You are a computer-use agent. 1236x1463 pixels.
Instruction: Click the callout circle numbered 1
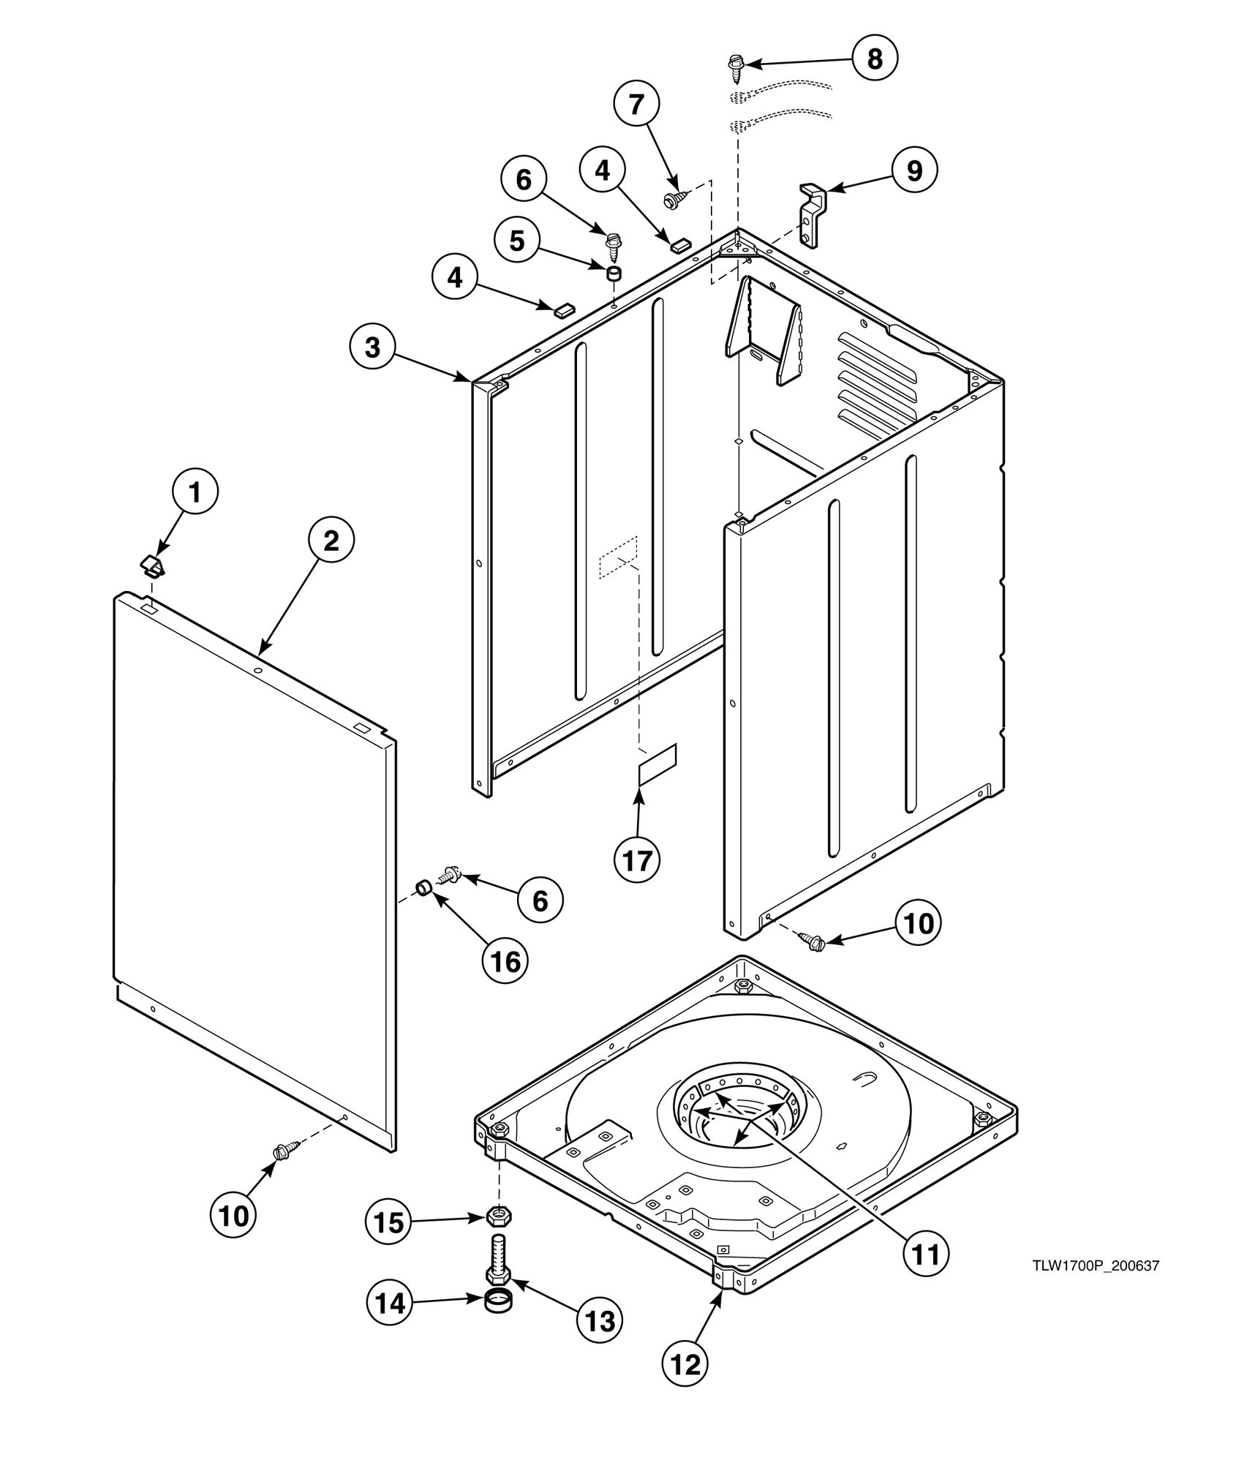195,493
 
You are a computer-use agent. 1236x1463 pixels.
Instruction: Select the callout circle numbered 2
331,541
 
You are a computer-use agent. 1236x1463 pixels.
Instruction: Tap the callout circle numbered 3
372,347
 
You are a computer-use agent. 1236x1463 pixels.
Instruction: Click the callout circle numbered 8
875,59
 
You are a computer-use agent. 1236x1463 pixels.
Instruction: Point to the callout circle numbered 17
636,861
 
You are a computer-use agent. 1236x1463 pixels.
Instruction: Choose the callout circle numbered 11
925,1254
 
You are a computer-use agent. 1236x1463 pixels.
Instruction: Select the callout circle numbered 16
505,960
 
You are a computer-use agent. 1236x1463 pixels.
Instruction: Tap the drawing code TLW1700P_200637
1096,1266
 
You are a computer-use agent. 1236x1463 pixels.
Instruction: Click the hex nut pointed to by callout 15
500,1217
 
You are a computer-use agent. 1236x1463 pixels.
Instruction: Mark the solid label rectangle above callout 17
658,765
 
